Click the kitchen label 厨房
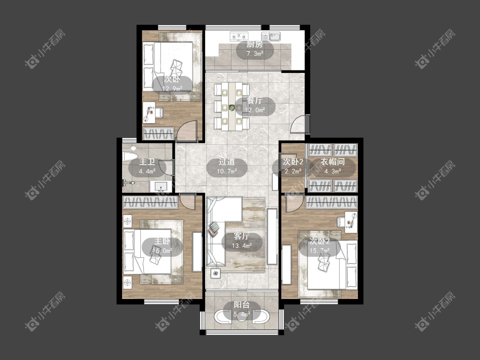click(255, 44)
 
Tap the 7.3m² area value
click(255, 54)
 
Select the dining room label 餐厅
click(254, 101)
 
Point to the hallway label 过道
click(227, 162)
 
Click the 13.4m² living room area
click(242, 246)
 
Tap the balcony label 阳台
click(242, 305)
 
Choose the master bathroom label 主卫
click(147, 162)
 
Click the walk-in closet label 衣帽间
click(333, 162)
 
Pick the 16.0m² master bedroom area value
click(162, 251)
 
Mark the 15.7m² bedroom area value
click(320, 251)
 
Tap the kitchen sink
click(271, 36)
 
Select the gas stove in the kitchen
click(239, 36)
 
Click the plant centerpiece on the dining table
click(232, 107)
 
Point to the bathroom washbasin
click(161, 186)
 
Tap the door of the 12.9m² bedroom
click(187, 131)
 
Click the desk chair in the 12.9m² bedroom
click(159, 112)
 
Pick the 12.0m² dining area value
click(255, 110)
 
